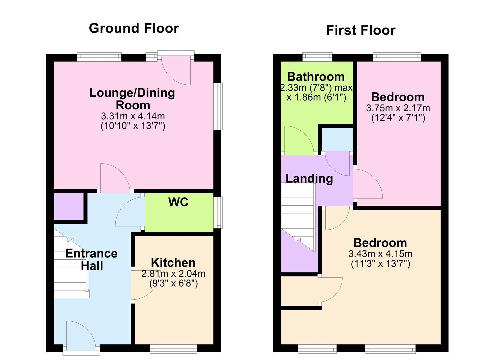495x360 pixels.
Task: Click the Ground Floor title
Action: click(134, 28)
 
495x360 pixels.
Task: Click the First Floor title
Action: click(360, 30)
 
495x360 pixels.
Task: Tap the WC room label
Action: click(178, 202)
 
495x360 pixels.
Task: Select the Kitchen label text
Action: click(173, 263)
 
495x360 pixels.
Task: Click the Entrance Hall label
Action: click(91, 259)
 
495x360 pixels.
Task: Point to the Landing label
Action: click(309, 178)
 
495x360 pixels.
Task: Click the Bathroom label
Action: click(316, 77)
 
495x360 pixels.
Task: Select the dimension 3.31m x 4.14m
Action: click(133, 116)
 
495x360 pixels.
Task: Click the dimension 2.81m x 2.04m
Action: click(173, 274)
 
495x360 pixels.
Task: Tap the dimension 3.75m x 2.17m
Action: click(398, 108)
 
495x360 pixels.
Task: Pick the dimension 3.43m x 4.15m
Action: click(380, 254)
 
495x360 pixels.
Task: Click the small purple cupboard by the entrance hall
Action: click(69, 206)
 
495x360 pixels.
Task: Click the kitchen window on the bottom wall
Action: click(173, 349)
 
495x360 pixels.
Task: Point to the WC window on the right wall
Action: click(218, 212)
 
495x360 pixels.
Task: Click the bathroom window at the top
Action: click(317, 57)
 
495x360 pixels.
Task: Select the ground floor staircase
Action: click(71, 267)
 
